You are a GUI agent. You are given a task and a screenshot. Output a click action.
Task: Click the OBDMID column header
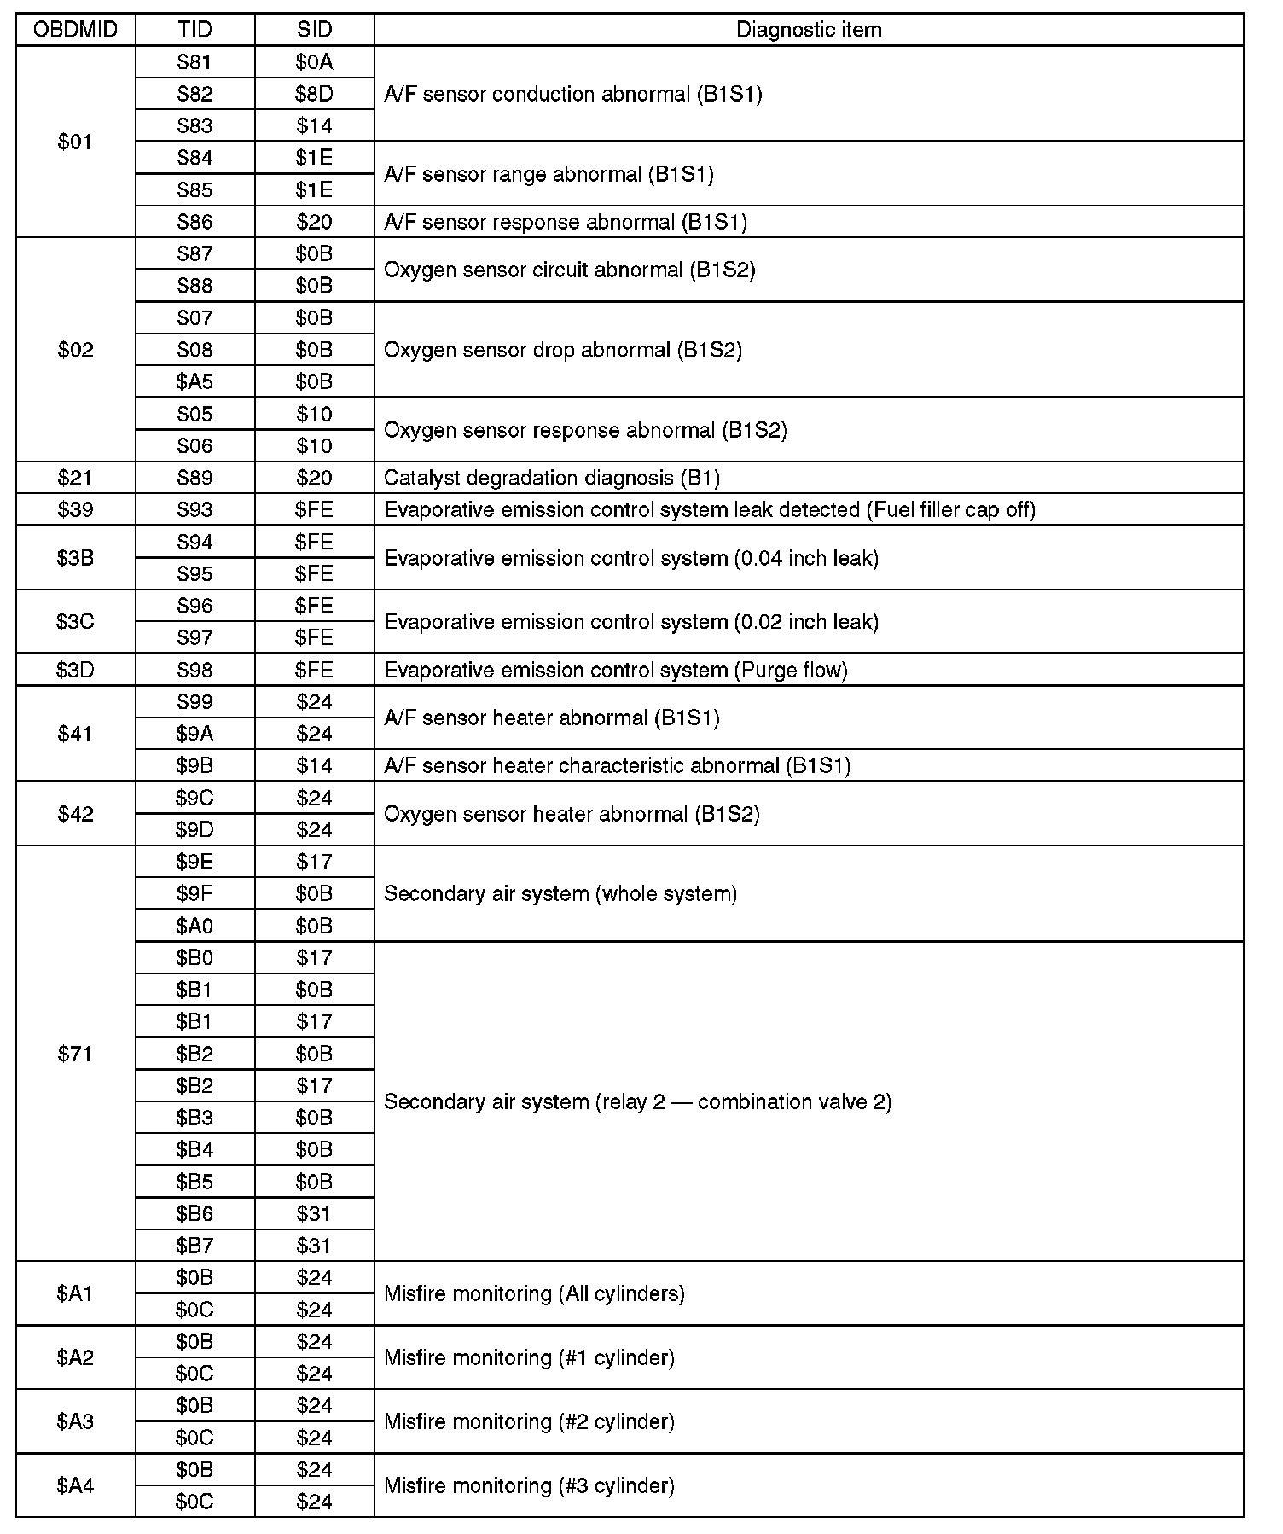pyautogui.click(x=75, y=30)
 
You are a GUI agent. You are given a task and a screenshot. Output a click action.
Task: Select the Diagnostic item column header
pyautogui.click(x=808, y=30)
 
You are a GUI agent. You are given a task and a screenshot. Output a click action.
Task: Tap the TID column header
pyautogui.click(x=194, y=30)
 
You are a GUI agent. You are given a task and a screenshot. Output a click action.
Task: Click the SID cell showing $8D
pyautogui.click(x=314, y=94)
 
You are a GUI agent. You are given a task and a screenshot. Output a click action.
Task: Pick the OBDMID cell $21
pyautogui.click(x=75, y=478)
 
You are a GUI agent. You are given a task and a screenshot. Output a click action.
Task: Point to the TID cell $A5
pyautogui.click(x=194, y=381)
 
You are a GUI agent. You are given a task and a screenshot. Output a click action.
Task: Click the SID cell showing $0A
pyautogui.click(x=314, y=61)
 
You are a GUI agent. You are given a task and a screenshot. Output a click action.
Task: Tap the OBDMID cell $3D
pyautogui.click(x=75, y=670)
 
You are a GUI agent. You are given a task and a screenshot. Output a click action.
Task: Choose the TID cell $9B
pyautogui.click(x=194, y=765)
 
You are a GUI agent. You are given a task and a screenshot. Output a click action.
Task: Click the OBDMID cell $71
pyautogui.click(x=75, y=1054)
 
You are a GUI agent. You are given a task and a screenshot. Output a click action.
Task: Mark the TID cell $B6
pyautogui.click(x=194, y=1213)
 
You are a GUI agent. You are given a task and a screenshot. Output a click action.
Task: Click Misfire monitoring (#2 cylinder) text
pyautogui.click(x=529, y=1421)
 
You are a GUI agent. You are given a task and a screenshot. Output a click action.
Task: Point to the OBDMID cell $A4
pyautogui.click(x=75, y=1485)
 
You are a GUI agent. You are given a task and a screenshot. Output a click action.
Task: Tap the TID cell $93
pyautogui.click(x=194, y=509)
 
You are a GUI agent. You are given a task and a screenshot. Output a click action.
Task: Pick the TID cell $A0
pyautogui.click(x=194, y=926)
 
